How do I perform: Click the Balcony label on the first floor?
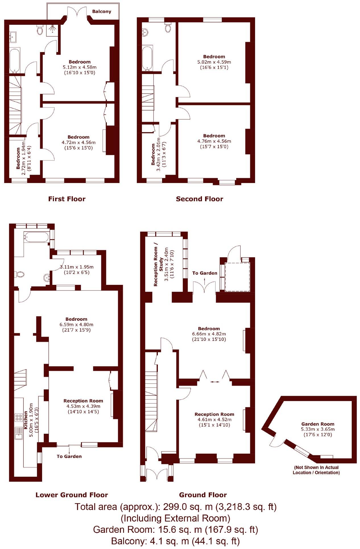(x=102, y=12)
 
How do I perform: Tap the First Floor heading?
(x=67, y=199)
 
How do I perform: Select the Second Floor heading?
(x=199, y=199)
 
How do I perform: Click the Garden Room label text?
(x=318, y=424)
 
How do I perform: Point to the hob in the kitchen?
(x=19, y=418)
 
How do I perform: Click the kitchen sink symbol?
(x=19, y=433)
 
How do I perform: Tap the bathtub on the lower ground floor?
(x=37, y=237)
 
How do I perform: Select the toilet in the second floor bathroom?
(x=168, y=27)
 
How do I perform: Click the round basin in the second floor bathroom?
(x=145, y=32)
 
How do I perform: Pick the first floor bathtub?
(x=15, y=61)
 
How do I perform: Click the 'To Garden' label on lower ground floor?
(x=69, y=456)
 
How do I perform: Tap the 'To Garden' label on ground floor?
(x=204, y=273)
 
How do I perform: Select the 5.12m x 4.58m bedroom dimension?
(x=79, y=67)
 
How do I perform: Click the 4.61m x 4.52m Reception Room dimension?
(x=214, y=420)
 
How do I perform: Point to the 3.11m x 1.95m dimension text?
(x=76, y=267)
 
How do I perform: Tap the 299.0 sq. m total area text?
(x=175, y=507)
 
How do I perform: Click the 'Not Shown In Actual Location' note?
(x=316, y=470)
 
